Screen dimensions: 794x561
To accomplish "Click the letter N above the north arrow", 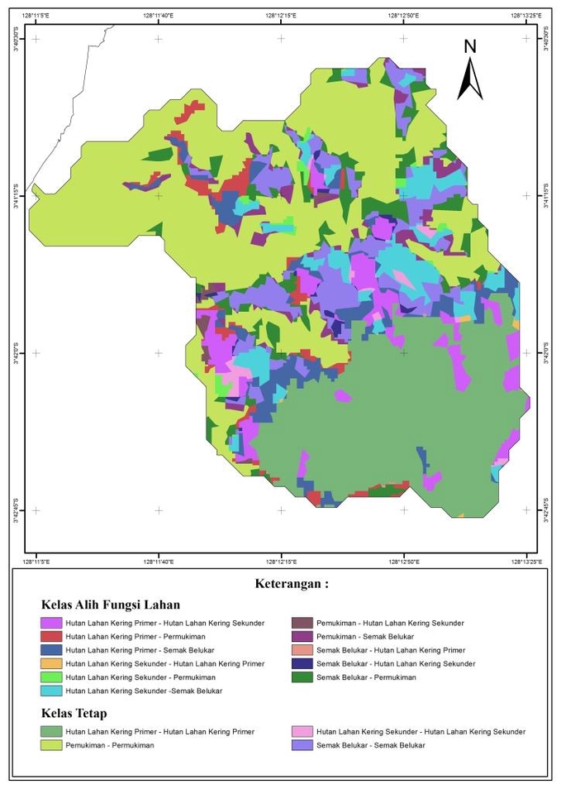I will click(470, 46).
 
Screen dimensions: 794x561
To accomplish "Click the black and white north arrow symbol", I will click(470, 79).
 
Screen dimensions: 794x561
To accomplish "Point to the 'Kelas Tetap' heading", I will click(74, 713).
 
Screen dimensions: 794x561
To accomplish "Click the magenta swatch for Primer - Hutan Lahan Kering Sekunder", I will click(50, 623).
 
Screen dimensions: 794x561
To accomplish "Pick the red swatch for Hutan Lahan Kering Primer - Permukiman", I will click(50, 637).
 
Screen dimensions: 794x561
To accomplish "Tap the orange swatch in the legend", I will click(50, 663).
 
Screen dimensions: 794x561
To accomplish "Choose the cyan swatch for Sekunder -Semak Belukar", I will click(50, 691).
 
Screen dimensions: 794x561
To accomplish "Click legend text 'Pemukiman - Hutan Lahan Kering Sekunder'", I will click(390, 623).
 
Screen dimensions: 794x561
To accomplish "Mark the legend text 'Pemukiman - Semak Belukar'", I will click(364, 637).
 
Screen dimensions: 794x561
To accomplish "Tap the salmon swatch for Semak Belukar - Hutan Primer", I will click(302, 650).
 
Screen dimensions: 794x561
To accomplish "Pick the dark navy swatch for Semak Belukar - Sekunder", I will click(302, 663).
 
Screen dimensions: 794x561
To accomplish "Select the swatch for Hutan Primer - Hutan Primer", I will click(50, 731).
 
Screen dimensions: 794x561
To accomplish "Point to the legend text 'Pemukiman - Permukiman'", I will click(109, 745).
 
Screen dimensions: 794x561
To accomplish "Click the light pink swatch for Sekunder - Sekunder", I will click(302, 731).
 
